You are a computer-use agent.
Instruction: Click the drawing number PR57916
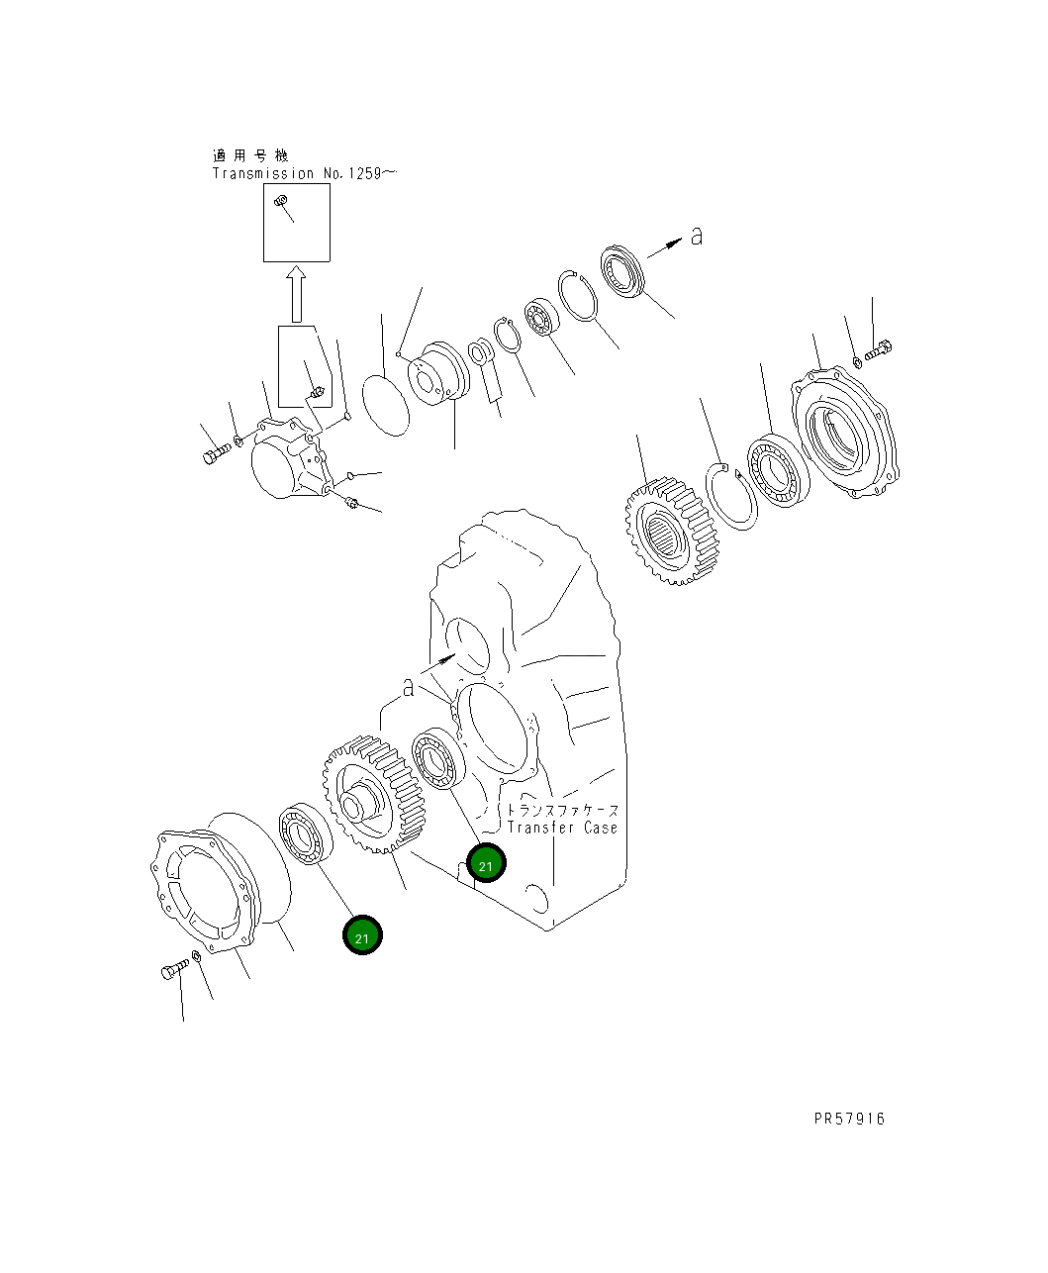coord(849,1119)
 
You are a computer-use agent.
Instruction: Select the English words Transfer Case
coord(561,828)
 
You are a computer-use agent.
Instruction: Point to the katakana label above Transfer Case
coord(561,810)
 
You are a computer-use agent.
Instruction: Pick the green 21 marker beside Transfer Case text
coord(486,864)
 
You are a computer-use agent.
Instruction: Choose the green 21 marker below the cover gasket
coord(362,935)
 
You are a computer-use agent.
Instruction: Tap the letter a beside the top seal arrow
coord(697,237)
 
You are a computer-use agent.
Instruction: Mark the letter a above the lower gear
coord(408,688)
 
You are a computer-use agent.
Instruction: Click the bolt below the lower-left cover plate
coord(173,969)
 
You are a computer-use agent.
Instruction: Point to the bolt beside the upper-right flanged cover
coord(880,350)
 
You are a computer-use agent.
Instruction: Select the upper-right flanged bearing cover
coord(847,434)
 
